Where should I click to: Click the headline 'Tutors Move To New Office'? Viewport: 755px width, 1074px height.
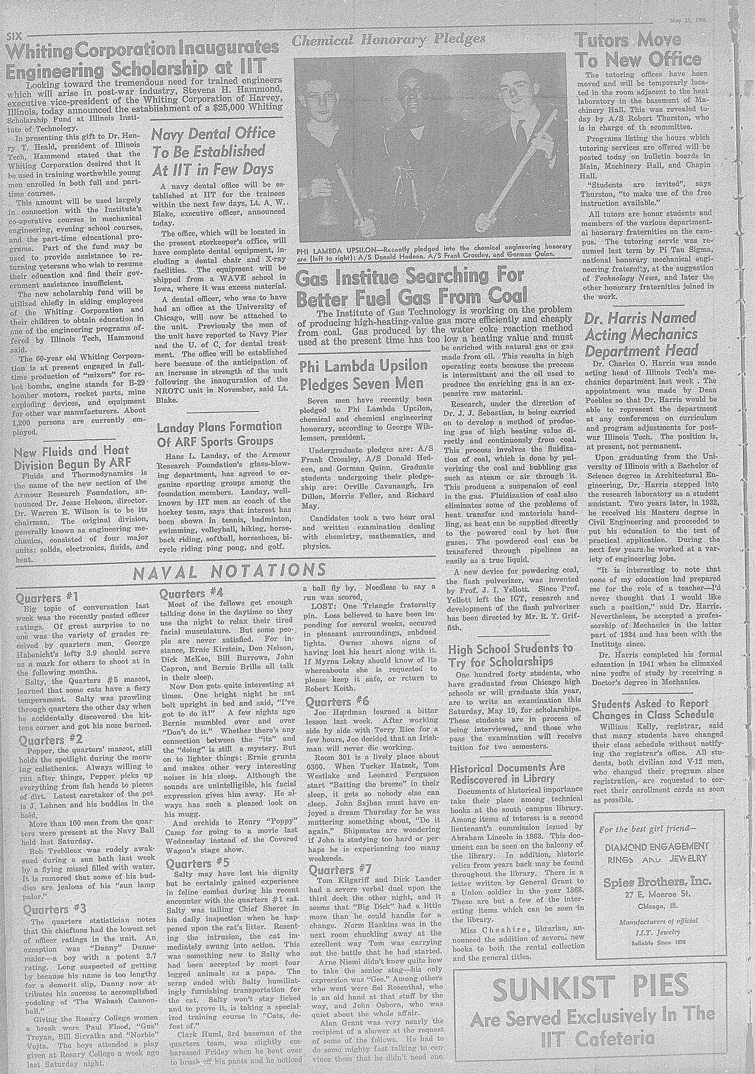(638, 51)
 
